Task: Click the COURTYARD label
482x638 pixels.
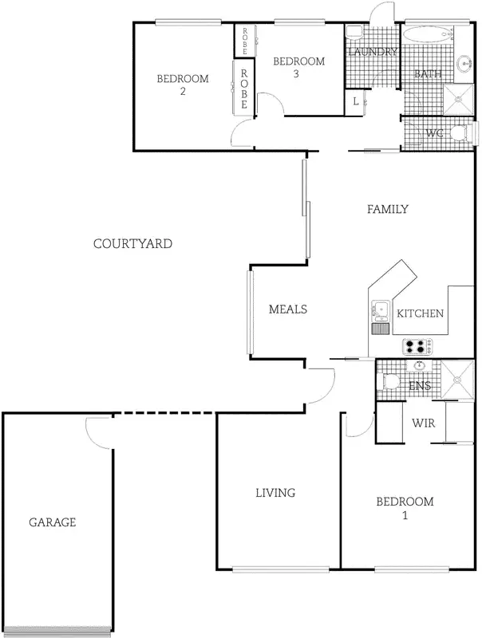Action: (132, 243)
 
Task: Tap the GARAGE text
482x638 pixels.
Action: (53, 522)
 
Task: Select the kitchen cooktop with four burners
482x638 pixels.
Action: (417, 346)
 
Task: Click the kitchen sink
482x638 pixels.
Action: (378, 310)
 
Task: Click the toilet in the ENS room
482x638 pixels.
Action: (388, 381)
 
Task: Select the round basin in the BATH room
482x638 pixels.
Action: (466, 61)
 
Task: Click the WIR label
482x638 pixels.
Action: (423, 423)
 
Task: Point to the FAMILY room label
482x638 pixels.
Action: (388, 209)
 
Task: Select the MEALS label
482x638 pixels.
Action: (288, 309)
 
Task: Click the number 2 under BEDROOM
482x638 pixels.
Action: (183, 92)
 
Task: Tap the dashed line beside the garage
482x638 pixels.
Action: (164, 413)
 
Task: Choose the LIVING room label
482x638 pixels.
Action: (275, 493)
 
